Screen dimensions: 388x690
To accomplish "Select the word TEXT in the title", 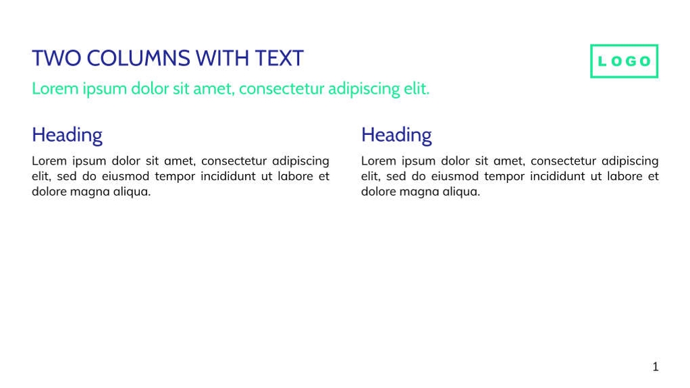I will click(x=279, y=59).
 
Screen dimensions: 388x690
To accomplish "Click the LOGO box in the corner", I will click(x=624, y=61).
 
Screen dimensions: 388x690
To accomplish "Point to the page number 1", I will click(x=655, y=367).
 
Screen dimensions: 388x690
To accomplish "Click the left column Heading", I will click(x=67, y=135).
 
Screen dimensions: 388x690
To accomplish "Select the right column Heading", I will click(x=396, y=135).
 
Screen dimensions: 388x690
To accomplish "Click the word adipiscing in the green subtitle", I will click(x=364, y=89).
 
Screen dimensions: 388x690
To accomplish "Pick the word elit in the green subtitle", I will click(x=417, y=88).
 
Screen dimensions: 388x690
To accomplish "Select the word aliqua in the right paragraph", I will click(x=460, y=192).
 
